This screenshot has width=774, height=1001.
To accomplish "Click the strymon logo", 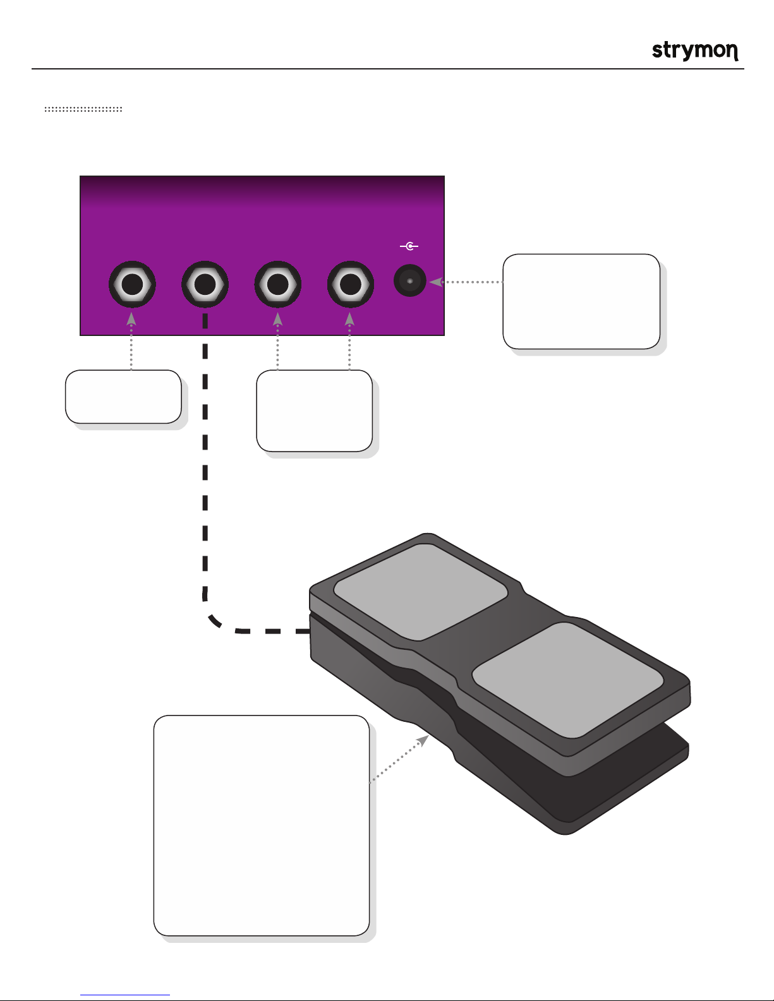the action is coord(695,51).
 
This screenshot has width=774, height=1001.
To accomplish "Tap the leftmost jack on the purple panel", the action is coord(132,284).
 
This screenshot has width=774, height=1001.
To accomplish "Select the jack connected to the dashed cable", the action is coord(205,284).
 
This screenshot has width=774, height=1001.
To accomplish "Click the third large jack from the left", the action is coord(278,284).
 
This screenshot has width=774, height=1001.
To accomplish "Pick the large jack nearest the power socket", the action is coord(351,284).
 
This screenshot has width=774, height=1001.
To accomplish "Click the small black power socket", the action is coord(409,280).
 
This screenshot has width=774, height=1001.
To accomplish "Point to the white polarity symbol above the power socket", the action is coord(409,246).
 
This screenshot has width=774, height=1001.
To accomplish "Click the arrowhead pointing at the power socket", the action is coord(436,282).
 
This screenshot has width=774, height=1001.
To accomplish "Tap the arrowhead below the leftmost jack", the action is coord(131,319).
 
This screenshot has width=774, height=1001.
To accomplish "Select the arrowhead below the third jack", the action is coord(277,319).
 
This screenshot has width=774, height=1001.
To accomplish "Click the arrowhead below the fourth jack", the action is coord(349,319).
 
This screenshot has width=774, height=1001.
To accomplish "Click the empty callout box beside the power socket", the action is coord(581,301).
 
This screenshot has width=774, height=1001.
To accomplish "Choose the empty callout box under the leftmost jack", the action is coord(123,397).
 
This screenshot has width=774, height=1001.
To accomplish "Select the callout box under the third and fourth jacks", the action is coord(314,411).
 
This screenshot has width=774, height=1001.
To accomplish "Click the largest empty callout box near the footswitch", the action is coord(261,825).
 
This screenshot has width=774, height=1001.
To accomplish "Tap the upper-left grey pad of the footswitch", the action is coord(421,592).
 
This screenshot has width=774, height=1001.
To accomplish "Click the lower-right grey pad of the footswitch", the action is coord(567,680).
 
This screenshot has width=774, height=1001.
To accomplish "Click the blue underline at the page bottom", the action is coord(125,995).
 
